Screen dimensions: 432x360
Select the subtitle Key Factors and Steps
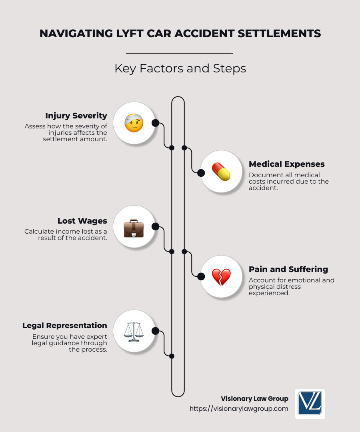(x=180, y=68)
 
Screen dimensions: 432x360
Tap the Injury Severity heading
(x=76, y=116)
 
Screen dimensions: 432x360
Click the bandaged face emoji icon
(x=134, y=123)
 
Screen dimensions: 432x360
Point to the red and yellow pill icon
(x=221, y=172)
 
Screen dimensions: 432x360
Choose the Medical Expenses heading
(x=286, y=164)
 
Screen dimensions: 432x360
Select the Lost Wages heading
(x=82, y=221)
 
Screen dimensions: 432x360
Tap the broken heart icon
(x=221, y=276)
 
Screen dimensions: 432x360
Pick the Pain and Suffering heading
(x=288, y=269)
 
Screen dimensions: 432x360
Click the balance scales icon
(x=134, y=332)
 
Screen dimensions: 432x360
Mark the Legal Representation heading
(x=65, y=325)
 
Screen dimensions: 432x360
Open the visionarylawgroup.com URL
(x=239, y=409)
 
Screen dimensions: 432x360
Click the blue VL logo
(x=310, y=404)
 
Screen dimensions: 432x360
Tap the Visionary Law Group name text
(x=254, y=398)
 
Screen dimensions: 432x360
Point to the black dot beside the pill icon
(x=201, y=173)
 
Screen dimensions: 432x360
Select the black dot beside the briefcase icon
(x=155, y=226)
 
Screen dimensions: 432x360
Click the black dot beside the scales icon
(x=155, y=331)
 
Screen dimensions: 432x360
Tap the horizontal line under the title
(x=179, y=53)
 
